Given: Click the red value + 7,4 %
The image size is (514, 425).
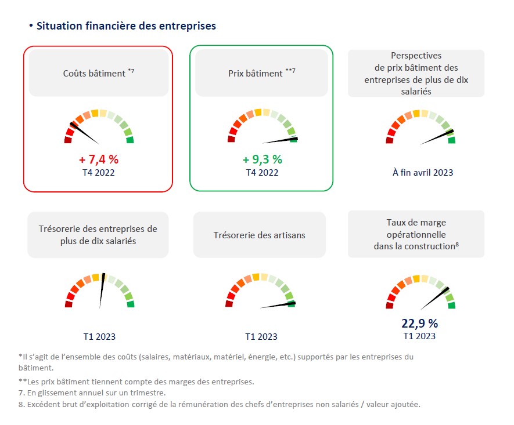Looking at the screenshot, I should [x=99, y=159].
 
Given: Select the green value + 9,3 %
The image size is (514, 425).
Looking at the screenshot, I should [x=262, y=159].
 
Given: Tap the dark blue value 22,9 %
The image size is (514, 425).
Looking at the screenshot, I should [x=419, y=323].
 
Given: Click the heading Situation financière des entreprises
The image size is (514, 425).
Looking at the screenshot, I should [x=126, y=26].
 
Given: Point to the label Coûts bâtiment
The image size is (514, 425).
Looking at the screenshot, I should [x=94, y=74].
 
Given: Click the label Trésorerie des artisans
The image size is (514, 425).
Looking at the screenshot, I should [x=260, y=235].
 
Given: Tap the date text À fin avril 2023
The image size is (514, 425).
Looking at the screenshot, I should [x=423, y=172].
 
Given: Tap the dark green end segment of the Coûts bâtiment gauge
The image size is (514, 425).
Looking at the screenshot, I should [x=131, y=140].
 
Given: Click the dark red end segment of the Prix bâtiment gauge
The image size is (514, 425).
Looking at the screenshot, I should [x=231, y=139].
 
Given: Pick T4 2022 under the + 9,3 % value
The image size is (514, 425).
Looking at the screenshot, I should [x=262, y=172].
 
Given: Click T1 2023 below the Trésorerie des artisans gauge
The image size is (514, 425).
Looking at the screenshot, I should [x=261, y=336].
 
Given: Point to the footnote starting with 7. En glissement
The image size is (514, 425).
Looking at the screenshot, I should [x=92, y=393].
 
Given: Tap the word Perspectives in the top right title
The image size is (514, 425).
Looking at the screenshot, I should [x=416, y=56].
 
